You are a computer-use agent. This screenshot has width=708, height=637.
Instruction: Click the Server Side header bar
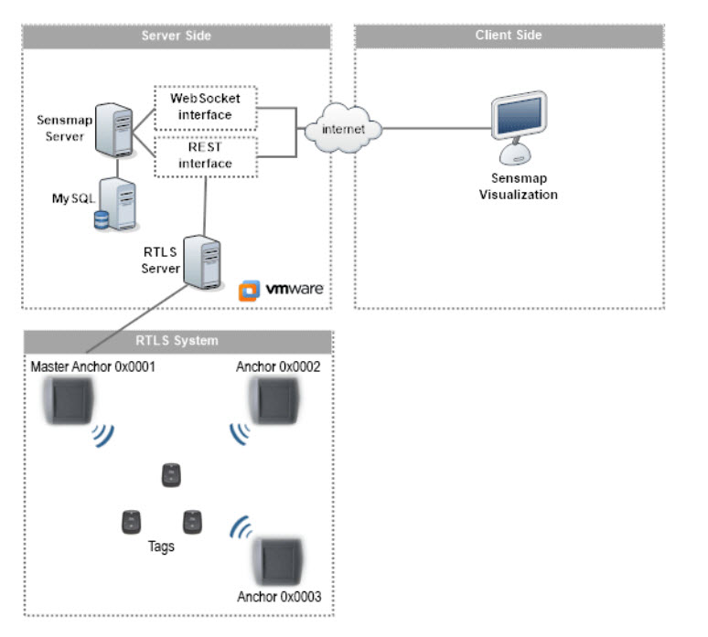click(x=177, y=36)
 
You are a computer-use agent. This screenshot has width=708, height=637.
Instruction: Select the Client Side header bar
click(x=509, y=36)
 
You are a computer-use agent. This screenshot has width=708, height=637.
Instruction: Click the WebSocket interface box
click(x=206, y=106)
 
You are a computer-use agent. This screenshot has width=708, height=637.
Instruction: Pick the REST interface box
click(x=206, y=154)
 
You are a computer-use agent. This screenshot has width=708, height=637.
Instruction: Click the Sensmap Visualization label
click(x=518, y=186)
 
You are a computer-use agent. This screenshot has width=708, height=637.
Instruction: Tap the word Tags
click(x=161, y=548)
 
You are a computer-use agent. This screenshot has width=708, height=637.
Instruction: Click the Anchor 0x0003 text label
click(x=278, y=598)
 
